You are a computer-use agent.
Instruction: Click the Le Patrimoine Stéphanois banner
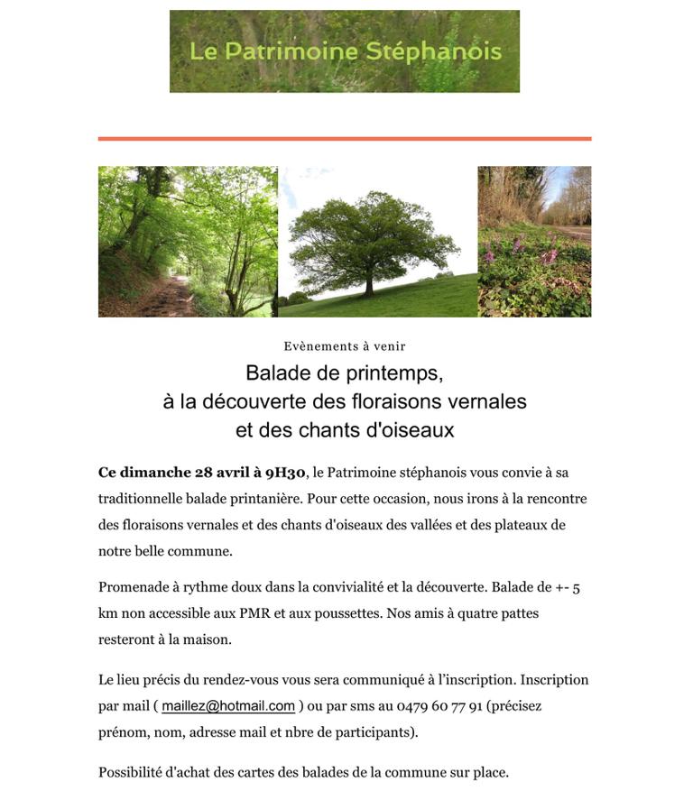tap(344, 51)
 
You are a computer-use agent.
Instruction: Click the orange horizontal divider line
tap(344, 139)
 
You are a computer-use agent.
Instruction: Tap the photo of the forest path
tap(188, 242)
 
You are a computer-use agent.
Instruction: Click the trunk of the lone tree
tap(368, 286)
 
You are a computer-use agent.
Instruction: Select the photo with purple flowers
tap(534, 242)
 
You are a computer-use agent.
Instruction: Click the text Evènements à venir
tap(345, 346)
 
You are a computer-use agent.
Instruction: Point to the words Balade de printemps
tap(345, 372)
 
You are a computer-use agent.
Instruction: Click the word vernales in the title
tap(490, 401)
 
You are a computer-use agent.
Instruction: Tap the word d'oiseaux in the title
tap(410, 430)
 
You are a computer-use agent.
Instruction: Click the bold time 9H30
tap(286, 473)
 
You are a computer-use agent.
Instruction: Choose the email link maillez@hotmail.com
tap(228, 706)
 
